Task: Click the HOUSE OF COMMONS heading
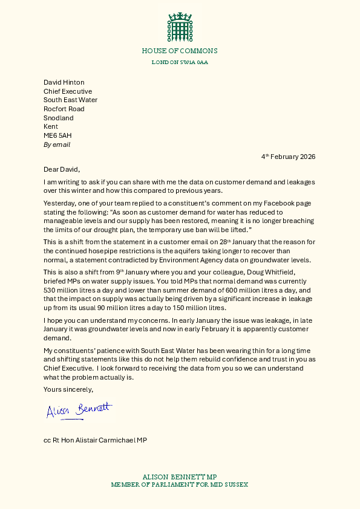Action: (x=180, y=51)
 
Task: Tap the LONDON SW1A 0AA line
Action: (x=180, y=62)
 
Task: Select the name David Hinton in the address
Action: (x=64, y=82)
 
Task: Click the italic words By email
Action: (x=57, y=145)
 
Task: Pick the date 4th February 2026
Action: (x=289, y=157)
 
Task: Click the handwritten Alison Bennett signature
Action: (x=79, y=410)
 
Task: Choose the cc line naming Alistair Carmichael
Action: (x=95, y=440)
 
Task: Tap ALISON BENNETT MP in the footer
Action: (x=180, y=477)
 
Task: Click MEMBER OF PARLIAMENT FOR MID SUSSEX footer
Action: (x=180, y=485)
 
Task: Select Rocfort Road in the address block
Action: (x=64, y=109)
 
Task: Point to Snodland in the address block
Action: (x=59, y=118)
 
